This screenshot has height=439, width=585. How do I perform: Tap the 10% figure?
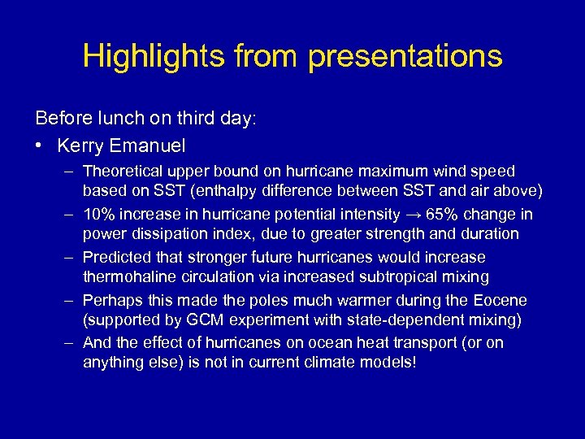(x=100, y=215)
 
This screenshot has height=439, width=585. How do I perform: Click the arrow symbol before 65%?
(x=414, y=215)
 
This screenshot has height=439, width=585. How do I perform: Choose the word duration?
(x=486, y=234)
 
